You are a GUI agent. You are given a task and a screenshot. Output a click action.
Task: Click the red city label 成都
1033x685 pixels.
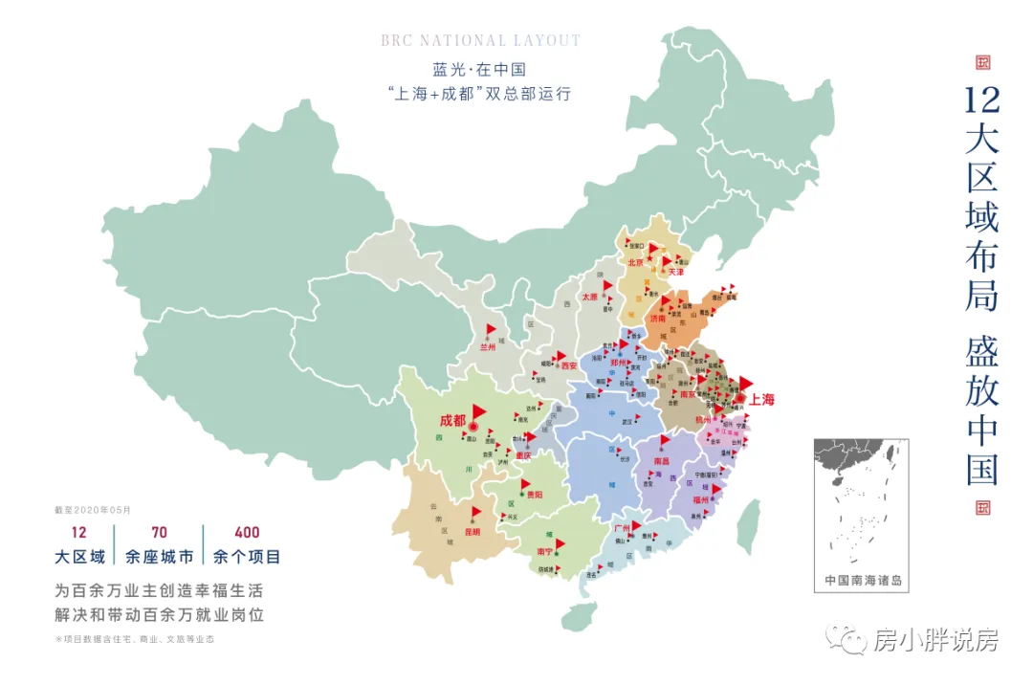(452, 420)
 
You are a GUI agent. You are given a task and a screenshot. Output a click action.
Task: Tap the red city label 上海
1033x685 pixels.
(761, 400)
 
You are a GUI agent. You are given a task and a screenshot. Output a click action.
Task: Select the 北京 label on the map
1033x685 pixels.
(635, 261)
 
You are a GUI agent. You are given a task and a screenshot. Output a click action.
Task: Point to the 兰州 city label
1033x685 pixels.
(488, 347)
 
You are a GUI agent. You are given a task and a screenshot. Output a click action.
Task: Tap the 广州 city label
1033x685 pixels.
(621, 528)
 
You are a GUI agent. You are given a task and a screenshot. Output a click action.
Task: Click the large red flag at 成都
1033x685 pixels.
(479, 409)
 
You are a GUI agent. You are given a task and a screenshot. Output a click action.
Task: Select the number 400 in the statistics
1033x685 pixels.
(246, 533)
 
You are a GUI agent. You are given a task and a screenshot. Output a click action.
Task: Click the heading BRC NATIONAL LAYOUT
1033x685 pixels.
(480, 41)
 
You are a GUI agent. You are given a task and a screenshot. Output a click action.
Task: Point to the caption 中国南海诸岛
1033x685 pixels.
(862, 581)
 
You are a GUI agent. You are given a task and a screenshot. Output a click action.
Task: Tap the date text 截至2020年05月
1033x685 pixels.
(93, 510)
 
